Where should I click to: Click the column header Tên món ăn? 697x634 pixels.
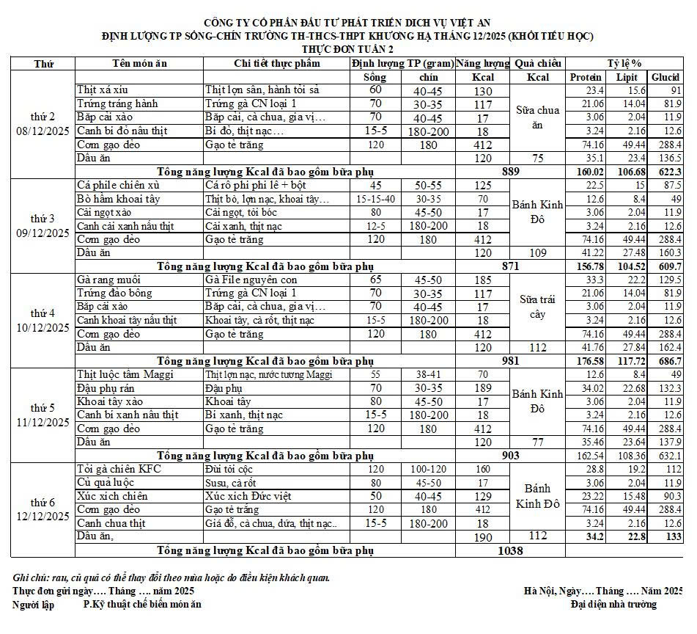(139, 63)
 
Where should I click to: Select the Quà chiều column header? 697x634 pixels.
(538, 63)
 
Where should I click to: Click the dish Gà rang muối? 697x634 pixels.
(108, 280)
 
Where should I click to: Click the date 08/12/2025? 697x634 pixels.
(43, 131)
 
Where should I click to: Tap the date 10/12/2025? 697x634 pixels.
(43, 327)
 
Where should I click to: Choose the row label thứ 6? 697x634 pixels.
(43, 503)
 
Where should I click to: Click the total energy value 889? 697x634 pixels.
(510, 171)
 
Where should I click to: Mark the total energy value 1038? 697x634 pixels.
(510, 550)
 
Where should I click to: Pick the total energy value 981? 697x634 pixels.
(510, 360)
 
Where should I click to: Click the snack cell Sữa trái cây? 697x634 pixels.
(538, 307)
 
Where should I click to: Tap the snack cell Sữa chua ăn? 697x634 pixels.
(538, 117)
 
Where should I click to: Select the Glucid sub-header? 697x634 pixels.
(665, 77)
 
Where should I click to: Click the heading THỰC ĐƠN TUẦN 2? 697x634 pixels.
(347, 48)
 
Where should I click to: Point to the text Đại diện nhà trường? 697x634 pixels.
(614, 604)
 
